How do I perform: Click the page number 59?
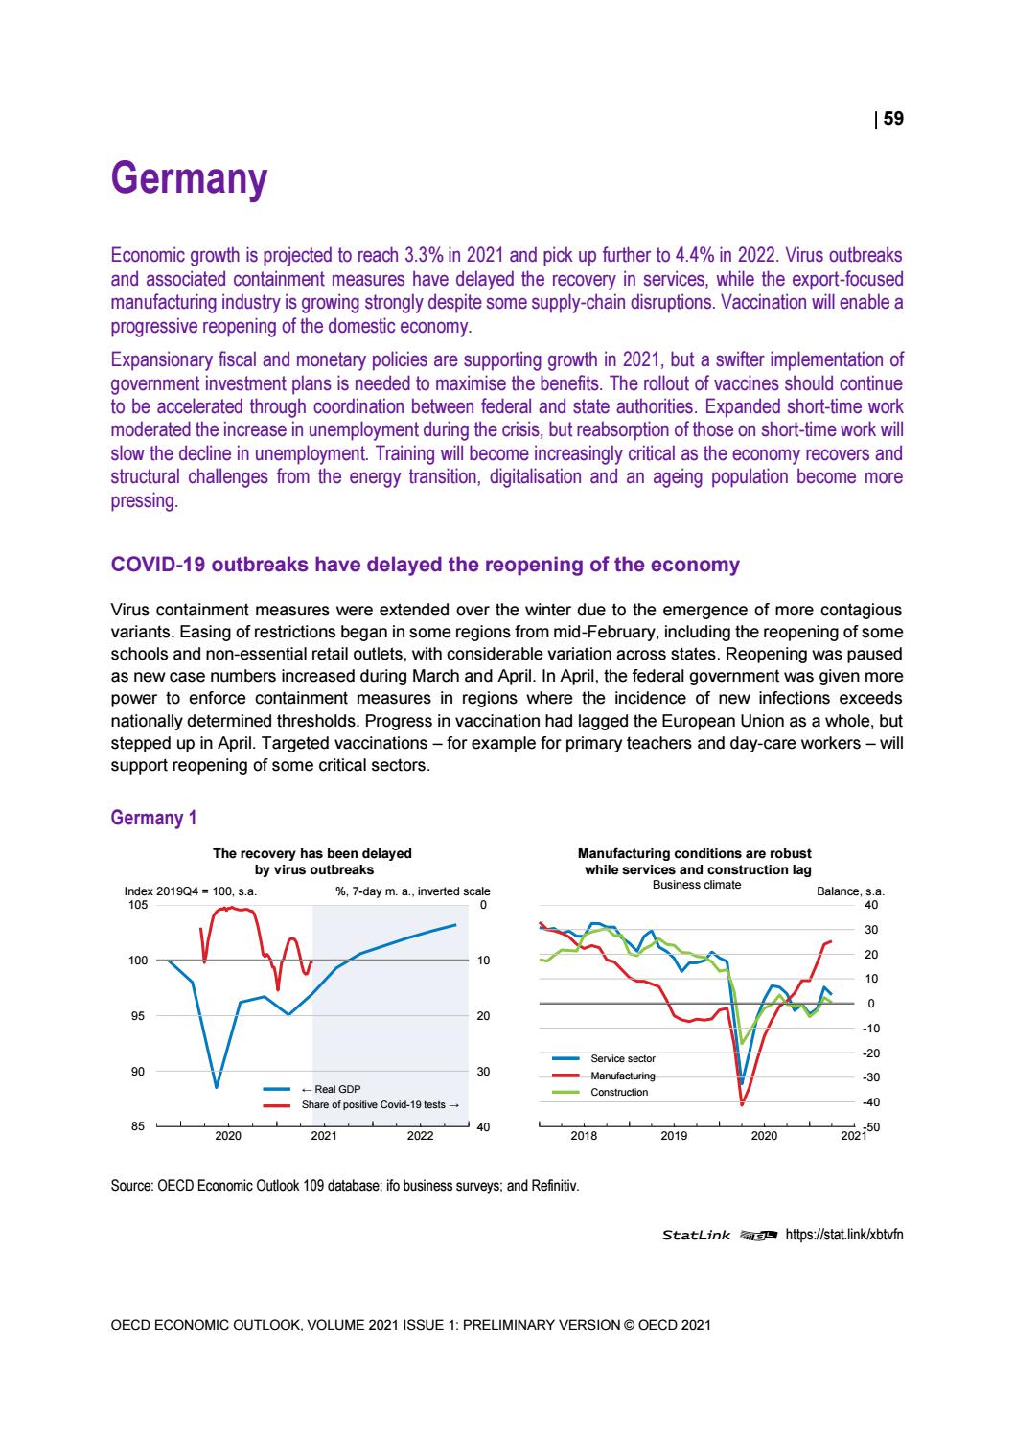892,119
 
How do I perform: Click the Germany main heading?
188,179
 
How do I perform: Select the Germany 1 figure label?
154,818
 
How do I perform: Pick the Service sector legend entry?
623,1058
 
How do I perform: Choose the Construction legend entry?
619,1092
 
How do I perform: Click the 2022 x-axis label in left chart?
420,1137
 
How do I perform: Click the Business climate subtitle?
696,884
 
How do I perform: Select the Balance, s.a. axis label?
850,891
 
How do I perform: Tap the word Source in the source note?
131,1185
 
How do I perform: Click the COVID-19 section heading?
426,565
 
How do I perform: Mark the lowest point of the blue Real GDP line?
217,1087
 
